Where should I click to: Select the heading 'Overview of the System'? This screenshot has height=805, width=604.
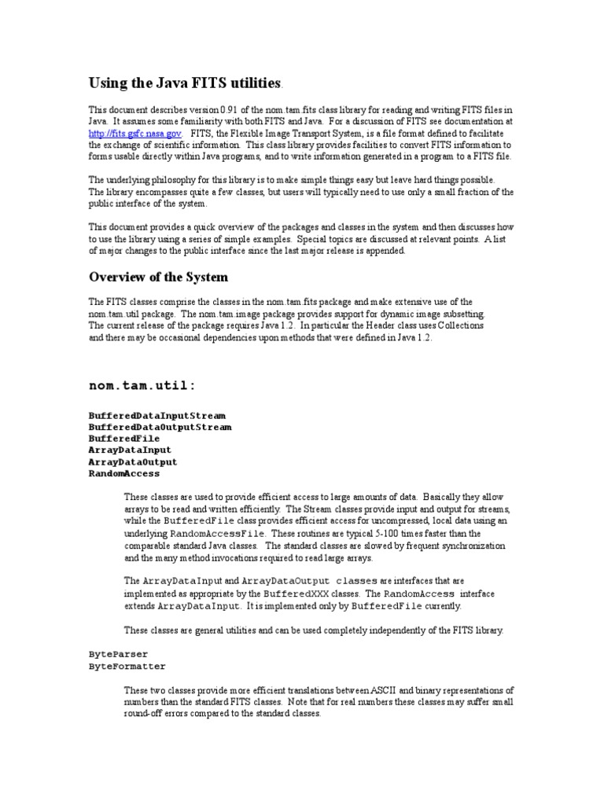pyautogui.click(x=158, y=277)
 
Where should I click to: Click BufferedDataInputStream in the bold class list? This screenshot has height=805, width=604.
pyautogui.click(x=157, y=414)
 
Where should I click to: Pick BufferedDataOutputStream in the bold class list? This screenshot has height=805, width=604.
pyautogui.click(x=160, y=426)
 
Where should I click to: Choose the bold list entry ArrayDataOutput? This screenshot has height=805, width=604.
pyautogui.click(x=133, y=461)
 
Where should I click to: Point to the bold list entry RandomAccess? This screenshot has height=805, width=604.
pyautogui.click(x=123, y=473)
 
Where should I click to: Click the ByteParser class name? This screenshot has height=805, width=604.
pyautogui.click(x=118, y=654)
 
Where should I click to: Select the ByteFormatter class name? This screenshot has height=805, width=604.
pyautogui.click(x=127, y=666)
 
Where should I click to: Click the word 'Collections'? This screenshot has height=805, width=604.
pyautogui.click(x=458, y=325)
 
